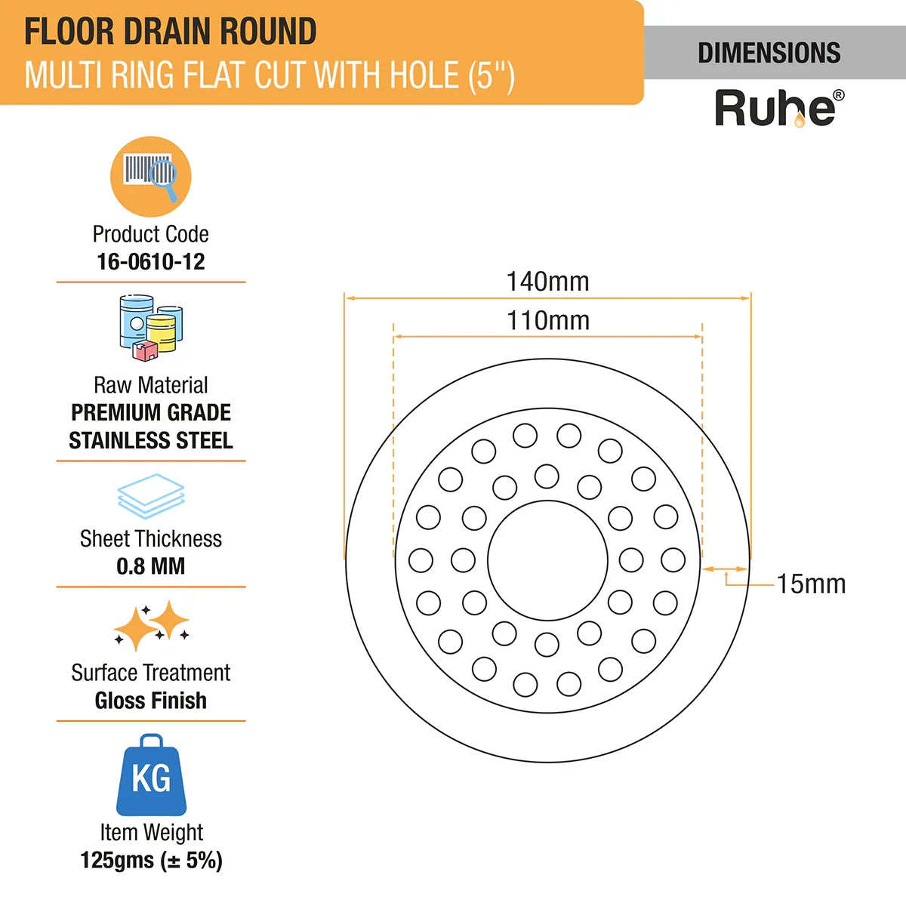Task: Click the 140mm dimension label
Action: click(x=547, y=282)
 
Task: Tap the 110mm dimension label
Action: click(x=547, y=321)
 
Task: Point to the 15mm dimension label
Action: click(x=811, y=584)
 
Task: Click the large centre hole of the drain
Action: click(x=489, y=560)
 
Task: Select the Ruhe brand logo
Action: click(x=779, y=108)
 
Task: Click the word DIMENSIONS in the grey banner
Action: click(x=769, y=53)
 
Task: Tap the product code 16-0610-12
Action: click(x=150, y=261)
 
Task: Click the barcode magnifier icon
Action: click(x=150, y=177)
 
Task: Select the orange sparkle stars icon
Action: click(x=151, y=625)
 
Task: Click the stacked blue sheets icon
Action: click(x=150, y=496)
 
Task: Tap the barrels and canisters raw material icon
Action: click(x=151, y=328)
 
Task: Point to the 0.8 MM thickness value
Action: click(x=150, y=566)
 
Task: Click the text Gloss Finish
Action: click(x=150, y=701)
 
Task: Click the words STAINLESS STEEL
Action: click(x=151, y=440)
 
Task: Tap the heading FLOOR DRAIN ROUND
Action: click(x=170, y=32)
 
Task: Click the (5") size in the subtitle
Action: click(x=492, y=75)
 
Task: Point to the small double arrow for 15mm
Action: click(x=725, y=569)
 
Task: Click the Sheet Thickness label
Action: click(x=150, y=539)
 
